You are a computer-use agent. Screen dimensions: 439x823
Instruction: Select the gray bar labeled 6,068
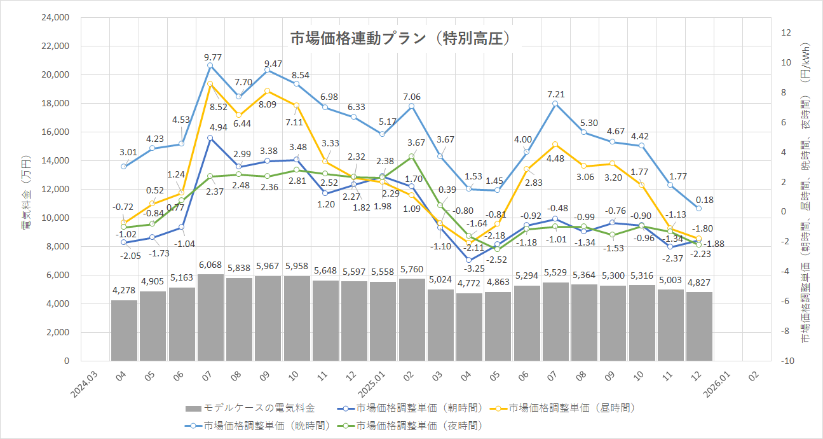pos(210,317)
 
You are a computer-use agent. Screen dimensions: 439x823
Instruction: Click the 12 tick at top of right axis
pos(786,32)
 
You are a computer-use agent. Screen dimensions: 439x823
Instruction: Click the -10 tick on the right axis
pos(788,361)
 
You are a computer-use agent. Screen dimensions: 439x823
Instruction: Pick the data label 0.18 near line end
pos(704,200)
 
